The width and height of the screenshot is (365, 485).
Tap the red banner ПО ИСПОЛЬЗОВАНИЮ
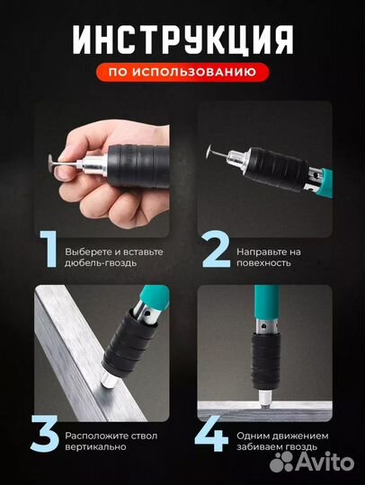coord(182,70)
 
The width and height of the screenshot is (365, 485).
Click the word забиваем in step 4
coord(263,446)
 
